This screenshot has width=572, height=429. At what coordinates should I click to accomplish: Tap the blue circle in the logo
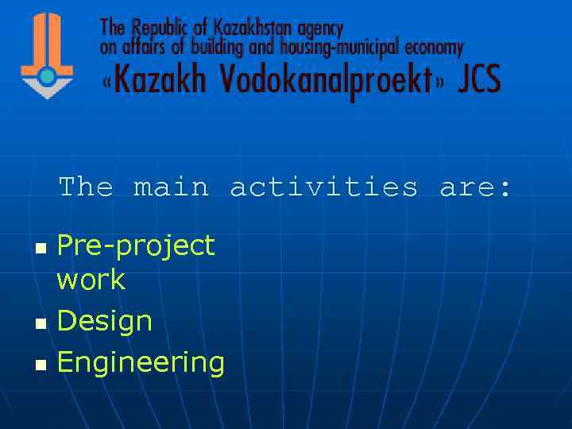pyautogui.click(x=47, y=77)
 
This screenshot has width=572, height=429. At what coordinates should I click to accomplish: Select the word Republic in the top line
pyautogui.click(x=157, y=29)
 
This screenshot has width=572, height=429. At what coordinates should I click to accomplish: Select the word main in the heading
pyautogui.click(x=171, y=187)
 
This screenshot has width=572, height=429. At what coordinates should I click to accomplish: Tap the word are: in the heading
pyautogui.click(x=476, y=188)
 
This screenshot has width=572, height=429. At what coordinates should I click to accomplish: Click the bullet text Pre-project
pyautogui.click(x=136, y=245)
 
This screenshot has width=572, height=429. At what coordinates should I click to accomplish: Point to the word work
pyautogui.click(x=91, y=280)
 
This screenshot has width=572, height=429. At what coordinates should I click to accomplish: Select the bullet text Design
pyautogui.click(x=105, y=322)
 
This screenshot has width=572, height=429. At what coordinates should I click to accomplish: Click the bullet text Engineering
pyautogui.click(x=141, y=363)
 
